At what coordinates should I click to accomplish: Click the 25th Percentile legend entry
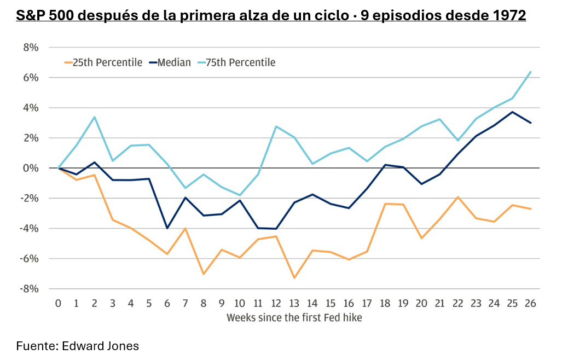[103, 62]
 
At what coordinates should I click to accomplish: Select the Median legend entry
[170, 62]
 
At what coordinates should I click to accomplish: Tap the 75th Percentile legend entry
[236, 62]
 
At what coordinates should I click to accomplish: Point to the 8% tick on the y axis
[31, 47]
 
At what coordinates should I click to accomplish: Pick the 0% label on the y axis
[31, 168]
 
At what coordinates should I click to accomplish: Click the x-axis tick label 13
[294, 304]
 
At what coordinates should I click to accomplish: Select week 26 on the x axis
[530, 304]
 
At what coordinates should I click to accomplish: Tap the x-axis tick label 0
[58, 304]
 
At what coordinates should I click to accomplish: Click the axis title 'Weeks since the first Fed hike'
[294, 318]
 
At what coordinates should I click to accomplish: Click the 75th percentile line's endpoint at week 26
[530, 72]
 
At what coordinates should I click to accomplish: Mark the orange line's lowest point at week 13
[294, 278]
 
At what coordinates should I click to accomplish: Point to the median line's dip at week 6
[167, 228]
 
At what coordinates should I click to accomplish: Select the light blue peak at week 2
[94, 117]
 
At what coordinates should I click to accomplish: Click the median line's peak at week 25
[512, 112]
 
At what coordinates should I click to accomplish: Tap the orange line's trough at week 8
[204, 274]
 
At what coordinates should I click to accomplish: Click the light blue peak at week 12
[276, 126]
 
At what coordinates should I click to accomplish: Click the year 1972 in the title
[509, 15]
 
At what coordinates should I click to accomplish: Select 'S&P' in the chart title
[30, 15]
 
